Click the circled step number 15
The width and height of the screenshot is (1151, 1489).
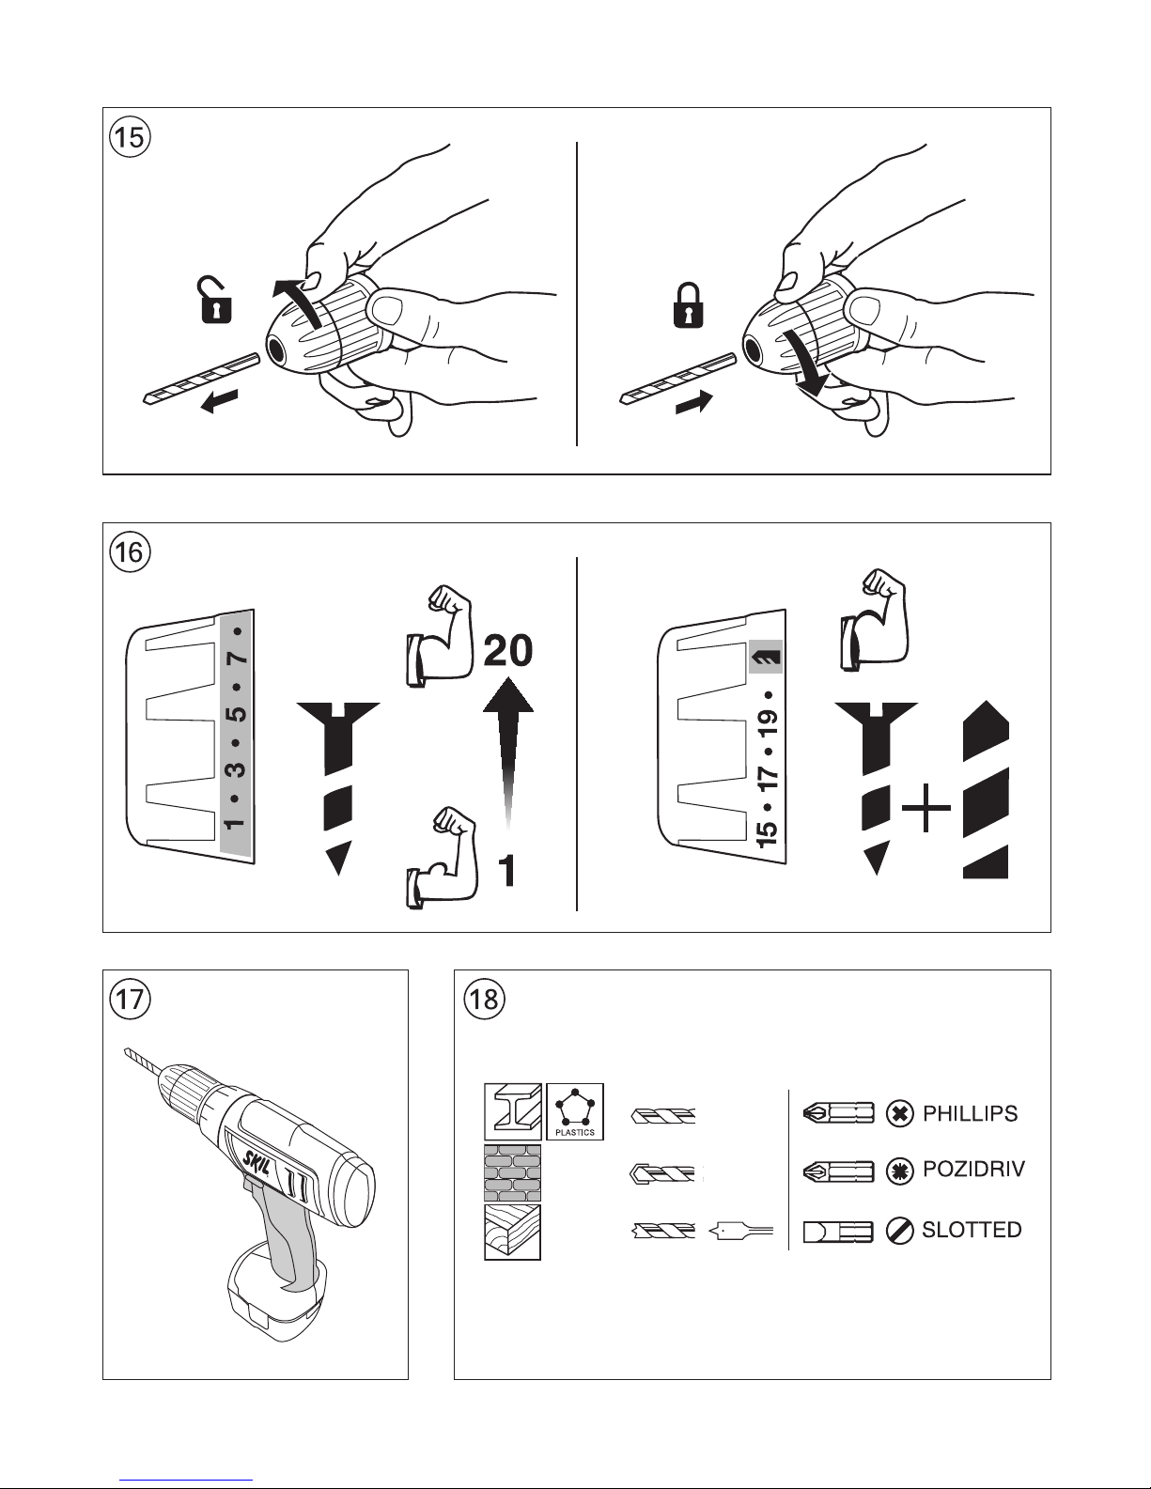click(x=129, y=137)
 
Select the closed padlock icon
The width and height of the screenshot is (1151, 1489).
click(x=689, y=303)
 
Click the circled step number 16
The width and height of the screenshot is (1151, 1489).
click(x=129, y=552)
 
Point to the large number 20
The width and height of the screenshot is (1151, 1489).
click(x=507, y=651)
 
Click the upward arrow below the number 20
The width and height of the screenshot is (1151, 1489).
click(x=507, y=752)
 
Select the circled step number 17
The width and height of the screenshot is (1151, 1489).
click(x=129, y=999)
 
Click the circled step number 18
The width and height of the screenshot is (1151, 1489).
click(x=484, y=999)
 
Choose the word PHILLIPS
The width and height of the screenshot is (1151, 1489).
click(x=970, y=1114)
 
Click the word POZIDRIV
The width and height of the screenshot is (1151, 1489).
click(x=973, y=1170)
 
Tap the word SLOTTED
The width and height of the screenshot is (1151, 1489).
click(x=972, y=1229)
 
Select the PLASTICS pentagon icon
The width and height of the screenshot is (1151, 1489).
click(x=574, y=1111)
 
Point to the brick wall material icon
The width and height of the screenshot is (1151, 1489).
click(x=512, y=1172)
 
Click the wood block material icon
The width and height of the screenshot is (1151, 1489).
click(x=512, y=1232)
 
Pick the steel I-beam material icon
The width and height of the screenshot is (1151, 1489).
click(x=513, y=1112)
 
